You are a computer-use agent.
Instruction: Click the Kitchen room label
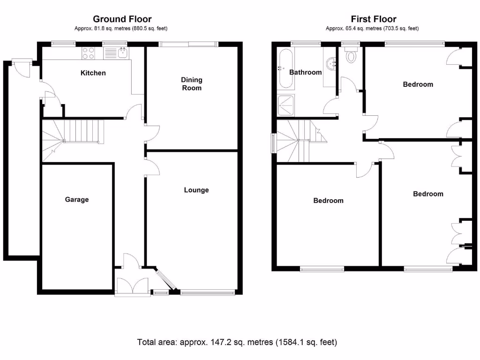tap(93, 73)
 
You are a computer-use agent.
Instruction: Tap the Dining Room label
tap(191, 84)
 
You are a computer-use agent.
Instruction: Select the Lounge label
tap(196, 190)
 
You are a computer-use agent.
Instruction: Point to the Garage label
tap(76, 199)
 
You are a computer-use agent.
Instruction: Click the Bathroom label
tap(305, 72)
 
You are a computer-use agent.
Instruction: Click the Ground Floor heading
tap(122, 19)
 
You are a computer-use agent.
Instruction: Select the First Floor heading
tap(373, 19)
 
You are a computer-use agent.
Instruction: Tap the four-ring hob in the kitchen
tap(88, 53)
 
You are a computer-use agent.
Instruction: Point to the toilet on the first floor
tap(350, 56)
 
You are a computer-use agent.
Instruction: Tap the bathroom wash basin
tap(331, 63)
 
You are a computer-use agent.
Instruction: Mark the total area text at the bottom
tap(237, 342)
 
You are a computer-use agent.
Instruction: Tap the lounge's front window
tap(207, 293)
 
